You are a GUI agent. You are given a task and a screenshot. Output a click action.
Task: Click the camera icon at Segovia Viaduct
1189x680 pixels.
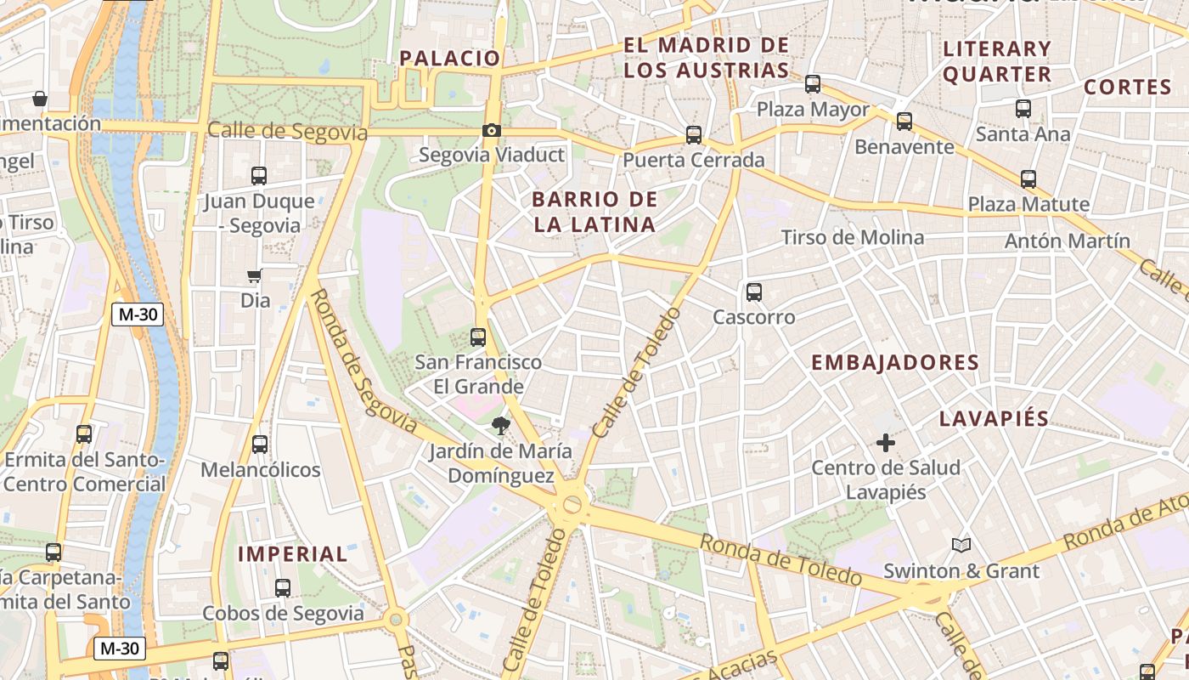point(491,130)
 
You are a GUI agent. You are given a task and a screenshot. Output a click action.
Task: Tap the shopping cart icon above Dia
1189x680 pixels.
point(254,275)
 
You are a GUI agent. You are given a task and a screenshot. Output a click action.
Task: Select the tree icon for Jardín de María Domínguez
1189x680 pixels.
point(500,426)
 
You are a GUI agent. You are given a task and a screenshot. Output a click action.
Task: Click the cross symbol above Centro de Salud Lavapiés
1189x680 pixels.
point(886,443)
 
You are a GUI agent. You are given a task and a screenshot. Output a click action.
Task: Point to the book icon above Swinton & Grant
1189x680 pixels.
point(961,545)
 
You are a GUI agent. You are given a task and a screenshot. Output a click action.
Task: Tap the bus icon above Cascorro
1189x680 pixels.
point(753,292)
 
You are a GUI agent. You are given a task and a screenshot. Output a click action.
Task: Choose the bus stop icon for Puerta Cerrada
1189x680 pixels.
point(694,135)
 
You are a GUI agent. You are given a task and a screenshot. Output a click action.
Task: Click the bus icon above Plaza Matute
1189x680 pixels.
point(1028,179)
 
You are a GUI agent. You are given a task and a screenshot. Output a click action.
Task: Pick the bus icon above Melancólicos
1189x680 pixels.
point(260,445)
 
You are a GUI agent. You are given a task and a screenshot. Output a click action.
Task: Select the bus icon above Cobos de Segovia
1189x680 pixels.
point(283,588)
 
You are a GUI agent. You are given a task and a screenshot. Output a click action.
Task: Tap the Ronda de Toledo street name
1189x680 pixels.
point(780,559)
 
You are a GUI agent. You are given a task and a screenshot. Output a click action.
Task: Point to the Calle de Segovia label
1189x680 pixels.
point(287,132)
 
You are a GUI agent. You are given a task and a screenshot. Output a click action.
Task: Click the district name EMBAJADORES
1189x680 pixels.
point(895,363)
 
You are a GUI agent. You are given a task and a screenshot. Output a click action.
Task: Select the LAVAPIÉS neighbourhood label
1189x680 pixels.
point(995,419)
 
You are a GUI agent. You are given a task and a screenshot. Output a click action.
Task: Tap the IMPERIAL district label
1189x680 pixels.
point(293,554)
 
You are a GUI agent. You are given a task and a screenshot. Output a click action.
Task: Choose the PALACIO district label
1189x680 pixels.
point(450,58)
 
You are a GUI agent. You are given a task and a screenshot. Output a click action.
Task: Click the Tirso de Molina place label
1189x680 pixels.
point(852,237)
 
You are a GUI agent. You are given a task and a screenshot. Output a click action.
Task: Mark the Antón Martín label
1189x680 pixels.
point(1068,241)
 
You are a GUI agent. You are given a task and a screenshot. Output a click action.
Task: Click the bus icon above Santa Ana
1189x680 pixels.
point(1023,109)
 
